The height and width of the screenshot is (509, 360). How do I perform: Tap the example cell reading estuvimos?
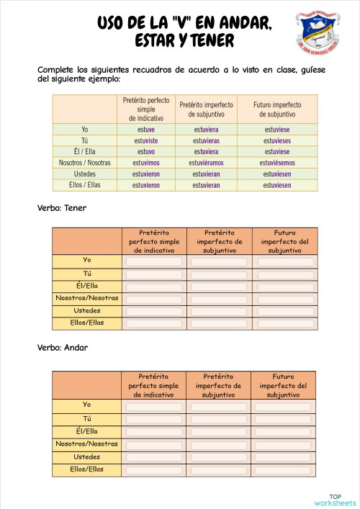pyautogui.click(x=146, y=163)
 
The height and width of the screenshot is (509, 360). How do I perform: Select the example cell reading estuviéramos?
pyautogui.click(x=205, y=163)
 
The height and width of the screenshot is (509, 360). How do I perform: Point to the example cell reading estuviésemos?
pyautogui.click(x=277, y=163)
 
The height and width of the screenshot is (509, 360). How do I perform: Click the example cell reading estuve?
pyautogui.click(x=146, y=130)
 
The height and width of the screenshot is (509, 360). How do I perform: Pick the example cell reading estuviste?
pyautogui.click(x=146, y=141)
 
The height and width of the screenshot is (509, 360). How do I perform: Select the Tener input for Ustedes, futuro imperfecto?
pyautogui.click(x=286, y=311)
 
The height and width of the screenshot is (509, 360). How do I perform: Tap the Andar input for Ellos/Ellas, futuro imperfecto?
pyautogui.click(x=286, y=469)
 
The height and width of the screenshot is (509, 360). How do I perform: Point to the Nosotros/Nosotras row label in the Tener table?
pyautogui.click(x=87, y=298)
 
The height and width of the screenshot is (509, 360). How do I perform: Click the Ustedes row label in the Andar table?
pyautogui.click(x=87, y=456)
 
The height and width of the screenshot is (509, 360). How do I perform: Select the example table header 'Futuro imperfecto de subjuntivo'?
pyautogui.click(x=277, y=109)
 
